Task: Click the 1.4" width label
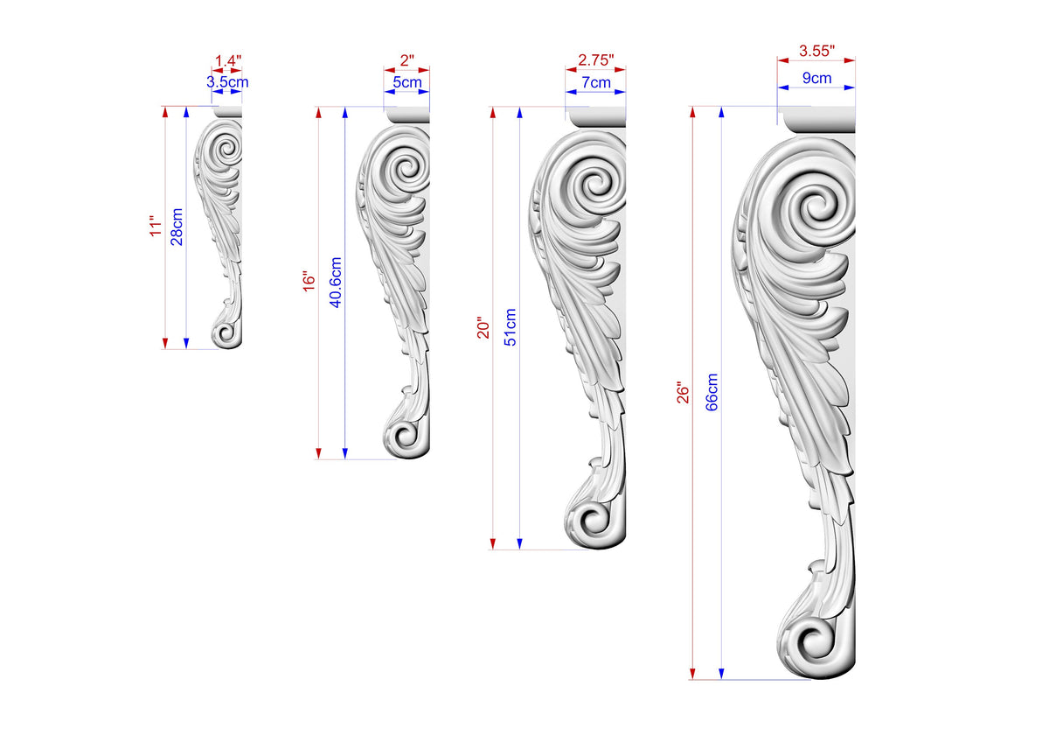click(x=228, y=61)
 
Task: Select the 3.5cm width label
click(x=227, y=82)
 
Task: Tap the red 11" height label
click(x=156, y=226)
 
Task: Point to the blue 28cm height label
click(x=177, y=227)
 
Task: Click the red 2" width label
click(x=407, y=60)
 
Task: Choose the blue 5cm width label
click(x=407, y=82)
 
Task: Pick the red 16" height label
click(x=309, y=281)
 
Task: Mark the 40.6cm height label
click(x=336, y=282)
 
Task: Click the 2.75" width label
click(x=595, y=60)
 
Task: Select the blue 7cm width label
click(x=596, y=82)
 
